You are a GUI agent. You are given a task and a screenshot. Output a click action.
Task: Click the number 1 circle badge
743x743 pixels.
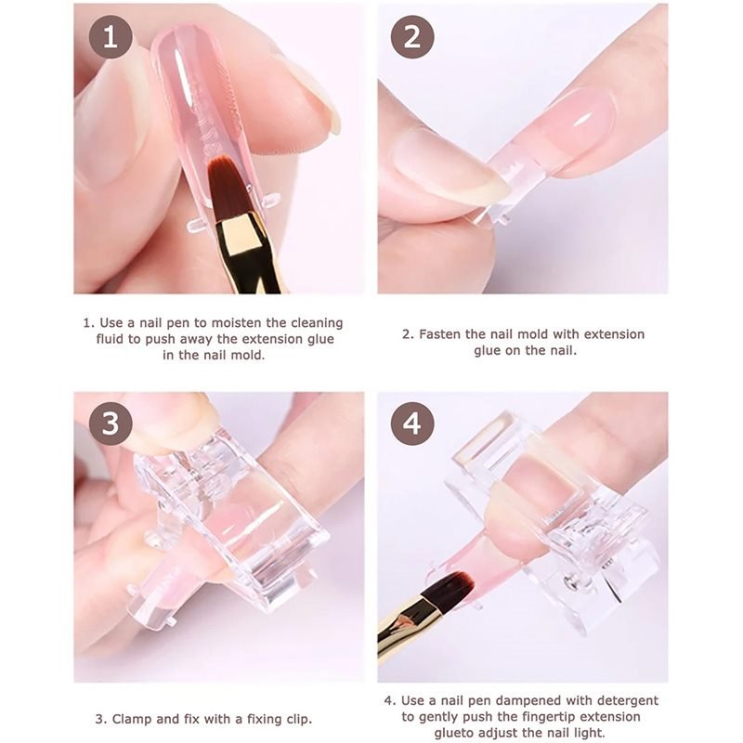[111, 36]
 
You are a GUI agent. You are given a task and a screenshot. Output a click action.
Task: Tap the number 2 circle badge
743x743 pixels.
[412, 36]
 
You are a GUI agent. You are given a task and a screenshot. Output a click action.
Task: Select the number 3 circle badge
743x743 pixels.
[111, 424]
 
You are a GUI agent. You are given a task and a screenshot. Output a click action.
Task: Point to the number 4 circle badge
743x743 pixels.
[412, 424]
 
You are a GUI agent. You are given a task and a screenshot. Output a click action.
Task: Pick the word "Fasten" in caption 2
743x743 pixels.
[439, 334]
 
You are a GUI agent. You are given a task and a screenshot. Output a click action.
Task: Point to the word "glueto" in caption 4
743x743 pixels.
[453, 733]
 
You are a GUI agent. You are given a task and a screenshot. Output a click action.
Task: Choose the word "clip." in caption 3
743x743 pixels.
[299, 719]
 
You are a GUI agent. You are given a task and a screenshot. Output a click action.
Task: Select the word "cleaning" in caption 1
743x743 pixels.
[317, 323]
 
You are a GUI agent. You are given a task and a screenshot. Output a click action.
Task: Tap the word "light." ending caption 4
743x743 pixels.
[590, 733]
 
